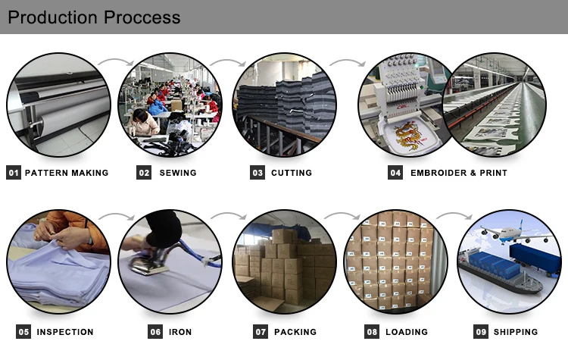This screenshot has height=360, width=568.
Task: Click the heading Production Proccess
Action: (x=94, y=17)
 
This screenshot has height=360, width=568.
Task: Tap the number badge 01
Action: (x=13, y=173)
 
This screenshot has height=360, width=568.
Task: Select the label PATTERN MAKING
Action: (x=67, y=173)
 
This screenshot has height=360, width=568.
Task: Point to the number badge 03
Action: (x=257, y=173)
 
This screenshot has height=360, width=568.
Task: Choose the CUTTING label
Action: (x=292, y=173)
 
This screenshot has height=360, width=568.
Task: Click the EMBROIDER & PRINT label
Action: (x=458, y=173)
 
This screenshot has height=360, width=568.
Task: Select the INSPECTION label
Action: (x=65, y=332)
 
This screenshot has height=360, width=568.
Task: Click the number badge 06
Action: (x=155, y=332)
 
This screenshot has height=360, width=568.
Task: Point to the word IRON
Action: (x=180, y=332)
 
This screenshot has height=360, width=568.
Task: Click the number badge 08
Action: (x=372, y=332)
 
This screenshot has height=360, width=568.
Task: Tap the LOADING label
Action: (x=407, y=332)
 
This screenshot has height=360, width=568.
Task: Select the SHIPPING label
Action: (x=515, y=332)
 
